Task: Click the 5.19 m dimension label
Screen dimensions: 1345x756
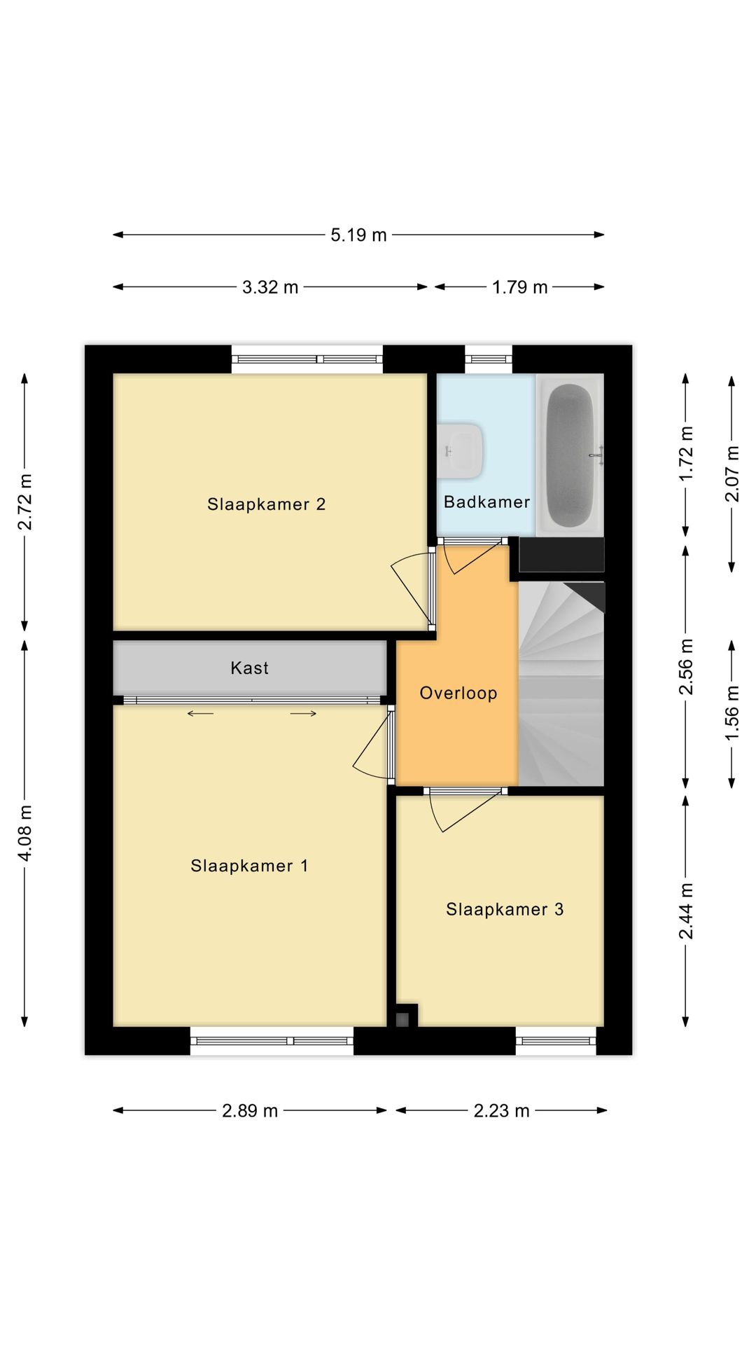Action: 358,235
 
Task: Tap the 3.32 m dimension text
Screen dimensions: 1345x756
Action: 270,287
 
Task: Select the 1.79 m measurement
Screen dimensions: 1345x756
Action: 519,287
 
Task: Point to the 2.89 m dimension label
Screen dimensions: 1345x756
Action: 250,1111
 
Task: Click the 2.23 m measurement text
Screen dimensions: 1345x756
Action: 501,1111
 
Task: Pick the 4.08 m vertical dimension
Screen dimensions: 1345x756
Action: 25,833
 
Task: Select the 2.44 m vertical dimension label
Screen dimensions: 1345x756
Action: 686,911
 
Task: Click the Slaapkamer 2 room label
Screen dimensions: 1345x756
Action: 266,504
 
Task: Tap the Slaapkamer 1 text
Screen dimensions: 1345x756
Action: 249,866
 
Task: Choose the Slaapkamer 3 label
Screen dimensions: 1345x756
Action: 505,909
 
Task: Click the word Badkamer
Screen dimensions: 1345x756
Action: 486,502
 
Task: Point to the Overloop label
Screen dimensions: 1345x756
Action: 458,693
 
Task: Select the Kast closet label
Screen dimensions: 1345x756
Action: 249,668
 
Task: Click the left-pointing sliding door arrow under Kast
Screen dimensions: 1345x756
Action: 200,714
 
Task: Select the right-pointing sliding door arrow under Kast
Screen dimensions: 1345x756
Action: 303,714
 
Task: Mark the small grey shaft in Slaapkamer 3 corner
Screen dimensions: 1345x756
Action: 402,1020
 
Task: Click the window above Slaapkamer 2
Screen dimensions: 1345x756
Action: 307,359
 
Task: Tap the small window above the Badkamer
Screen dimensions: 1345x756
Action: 489,359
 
